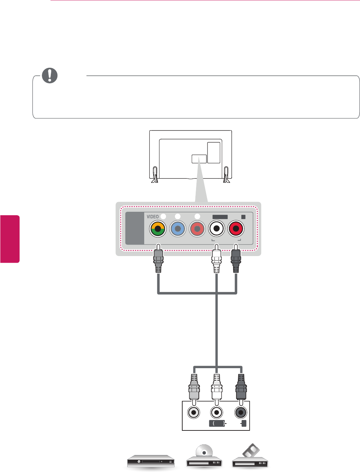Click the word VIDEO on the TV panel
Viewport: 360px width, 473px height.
point(153,217)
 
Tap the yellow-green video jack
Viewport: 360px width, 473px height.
point(158,229)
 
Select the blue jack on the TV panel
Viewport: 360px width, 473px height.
point(178,229)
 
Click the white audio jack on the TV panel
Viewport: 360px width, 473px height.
point(216,229)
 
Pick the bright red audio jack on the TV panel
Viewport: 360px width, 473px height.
point(236,229)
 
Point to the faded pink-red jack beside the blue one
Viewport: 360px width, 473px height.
point(197,229)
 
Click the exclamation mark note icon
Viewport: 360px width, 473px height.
point(50,75)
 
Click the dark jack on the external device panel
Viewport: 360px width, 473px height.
point(240,412)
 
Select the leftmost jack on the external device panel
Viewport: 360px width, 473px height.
point(194,412)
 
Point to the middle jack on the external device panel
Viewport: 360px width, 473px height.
point(217,412)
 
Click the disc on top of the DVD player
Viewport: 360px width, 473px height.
point(204,452)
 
